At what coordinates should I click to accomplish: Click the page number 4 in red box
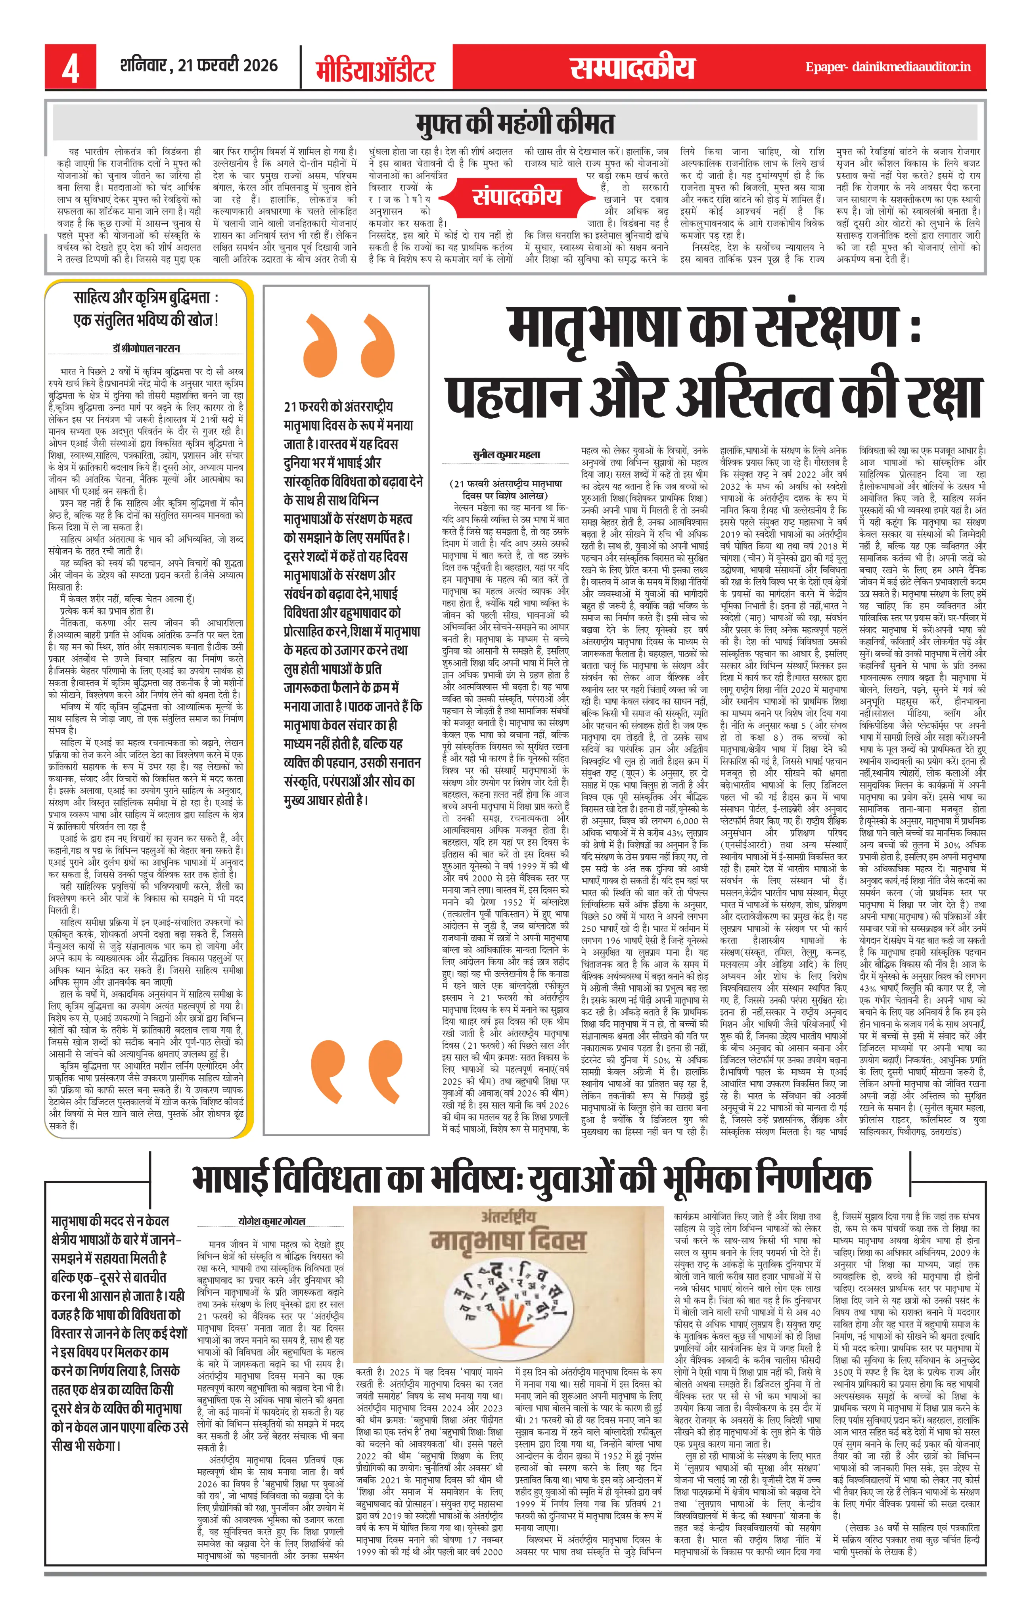pos(71,68)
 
